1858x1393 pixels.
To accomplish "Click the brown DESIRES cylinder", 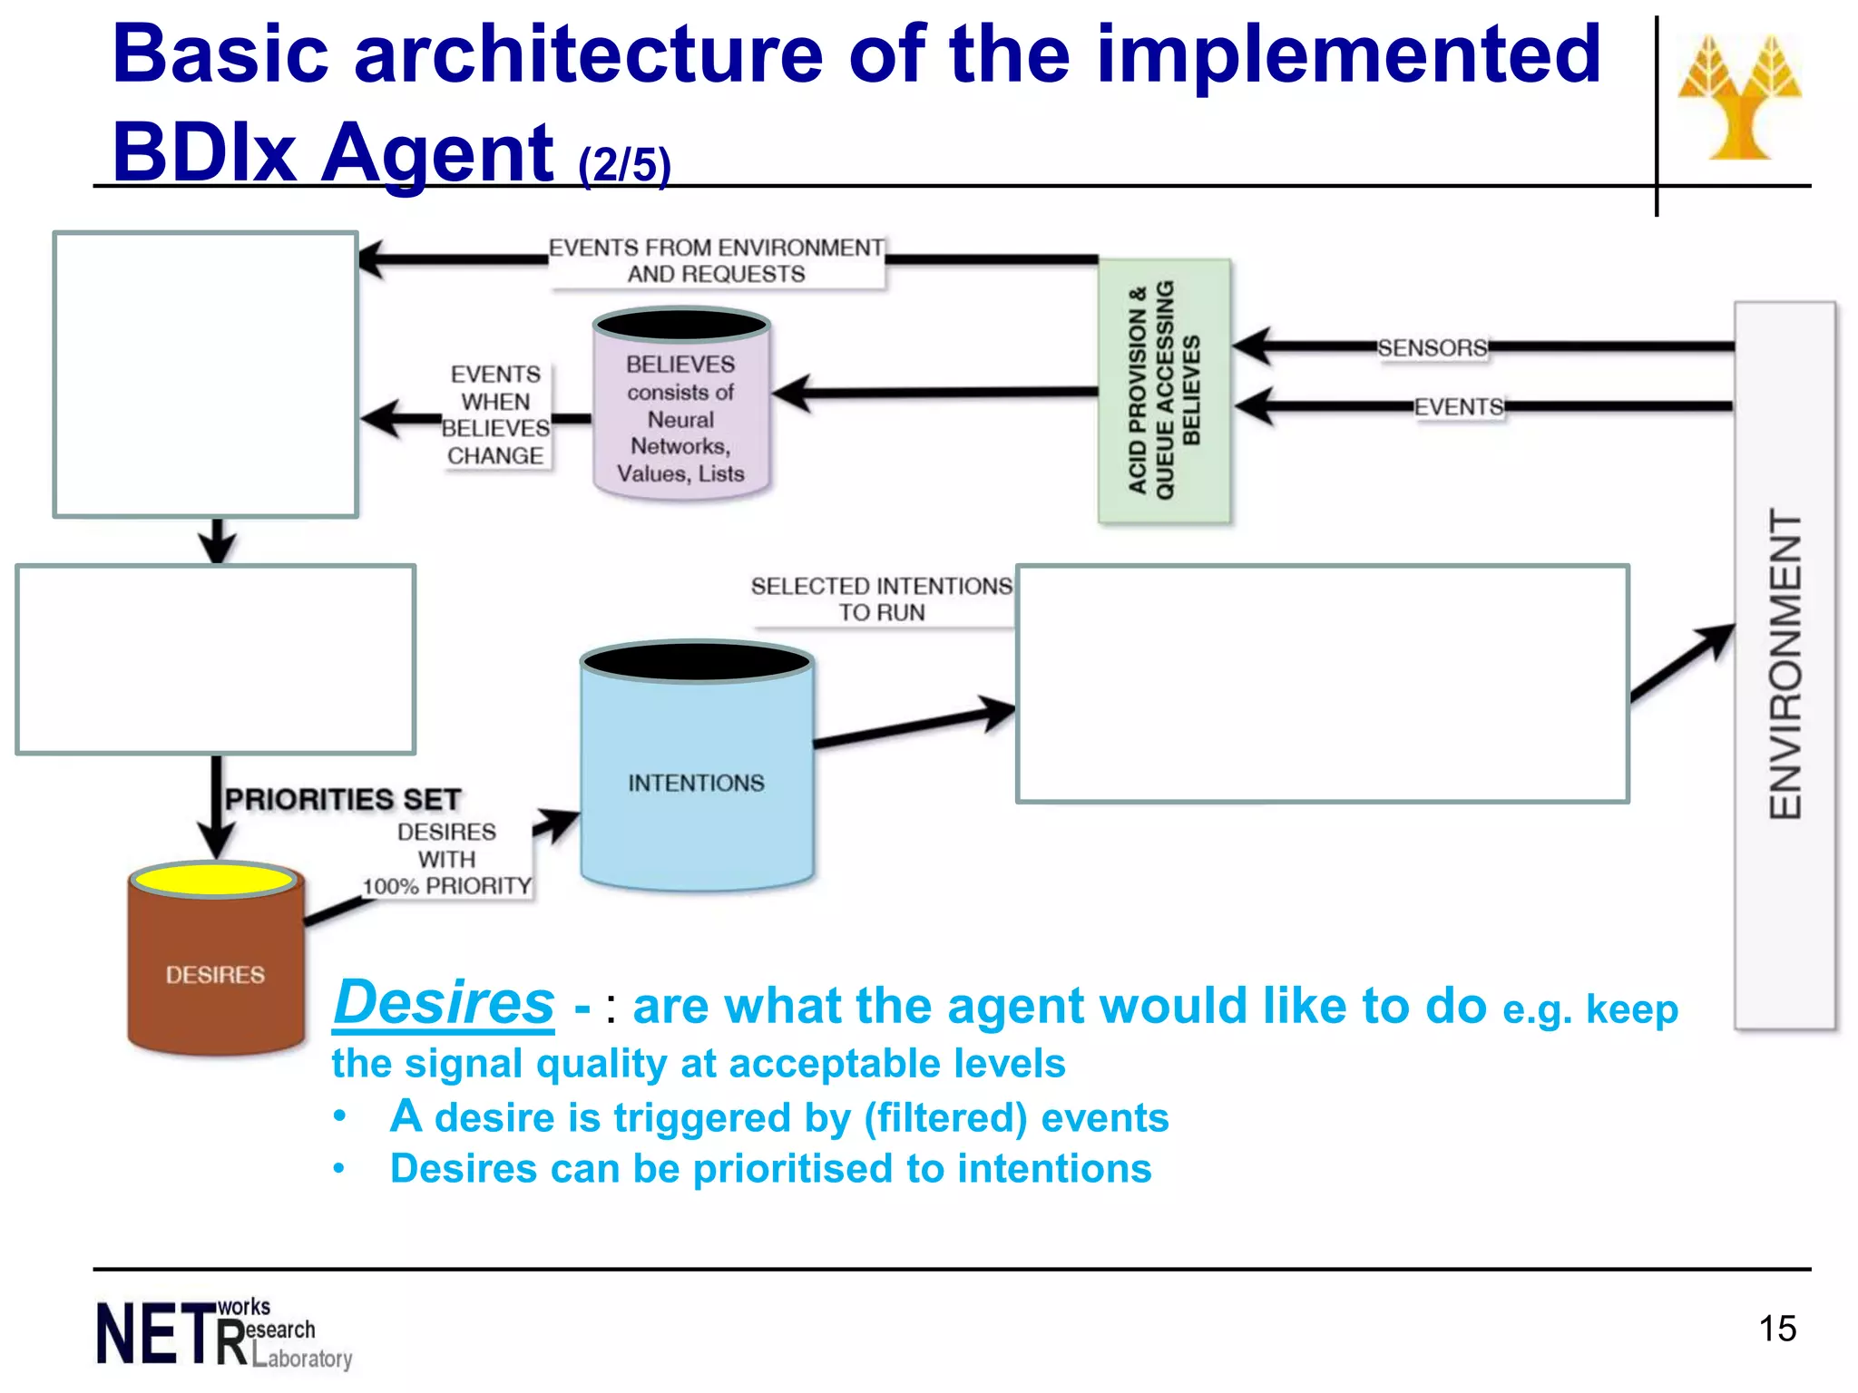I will pos(215,975).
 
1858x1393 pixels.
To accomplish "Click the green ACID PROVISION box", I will pos(1164,391).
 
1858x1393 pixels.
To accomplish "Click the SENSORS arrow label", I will pos(1432,347).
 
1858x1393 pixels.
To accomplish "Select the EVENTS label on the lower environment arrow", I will pos(1459,407).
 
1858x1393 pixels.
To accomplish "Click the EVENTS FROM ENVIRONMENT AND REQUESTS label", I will pos(716,261).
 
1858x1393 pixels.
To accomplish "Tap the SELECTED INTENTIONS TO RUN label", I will pos(881,599).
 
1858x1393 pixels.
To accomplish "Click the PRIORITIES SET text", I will pos(343,799).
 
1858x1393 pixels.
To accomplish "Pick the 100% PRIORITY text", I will pos(446,886).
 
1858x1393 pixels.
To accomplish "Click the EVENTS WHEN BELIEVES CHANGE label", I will pos(495,415).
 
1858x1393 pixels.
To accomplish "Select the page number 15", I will pos(1776,1329).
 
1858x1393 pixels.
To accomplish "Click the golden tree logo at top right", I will pos(1739,98).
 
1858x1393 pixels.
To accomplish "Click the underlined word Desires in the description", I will pos(444,1003).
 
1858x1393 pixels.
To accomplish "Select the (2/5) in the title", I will pos(624,165).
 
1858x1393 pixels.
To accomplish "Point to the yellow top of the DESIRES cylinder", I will pos(213,879).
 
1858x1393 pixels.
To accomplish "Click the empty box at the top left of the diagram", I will pos(206,375).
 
